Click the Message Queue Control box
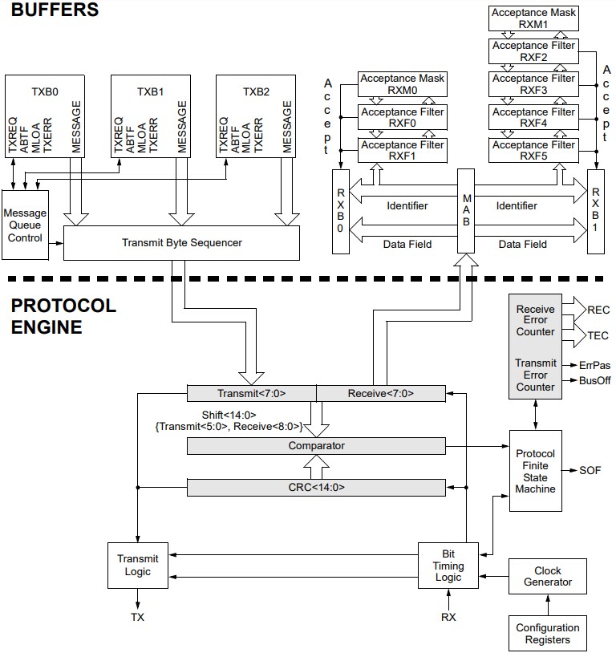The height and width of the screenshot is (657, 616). [26, 225]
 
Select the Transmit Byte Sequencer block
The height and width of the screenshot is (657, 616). [181, 242]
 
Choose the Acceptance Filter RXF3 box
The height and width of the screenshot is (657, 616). [533, 85]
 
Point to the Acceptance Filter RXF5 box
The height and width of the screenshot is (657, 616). [533, 151]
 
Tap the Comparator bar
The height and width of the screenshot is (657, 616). [316, 445]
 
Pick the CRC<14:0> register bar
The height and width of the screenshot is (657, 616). [316, 487]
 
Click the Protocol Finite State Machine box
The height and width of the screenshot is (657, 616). [535, 472]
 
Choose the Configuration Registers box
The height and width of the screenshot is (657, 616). [548, 633]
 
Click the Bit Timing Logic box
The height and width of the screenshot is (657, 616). [448, 566]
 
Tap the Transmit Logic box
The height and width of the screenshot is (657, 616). [137, 566]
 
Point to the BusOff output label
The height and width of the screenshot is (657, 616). [594, 380]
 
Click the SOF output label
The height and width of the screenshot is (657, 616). [590, 471]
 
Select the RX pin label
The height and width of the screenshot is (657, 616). [448, 617]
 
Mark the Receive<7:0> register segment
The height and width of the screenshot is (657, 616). [381, 393]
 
